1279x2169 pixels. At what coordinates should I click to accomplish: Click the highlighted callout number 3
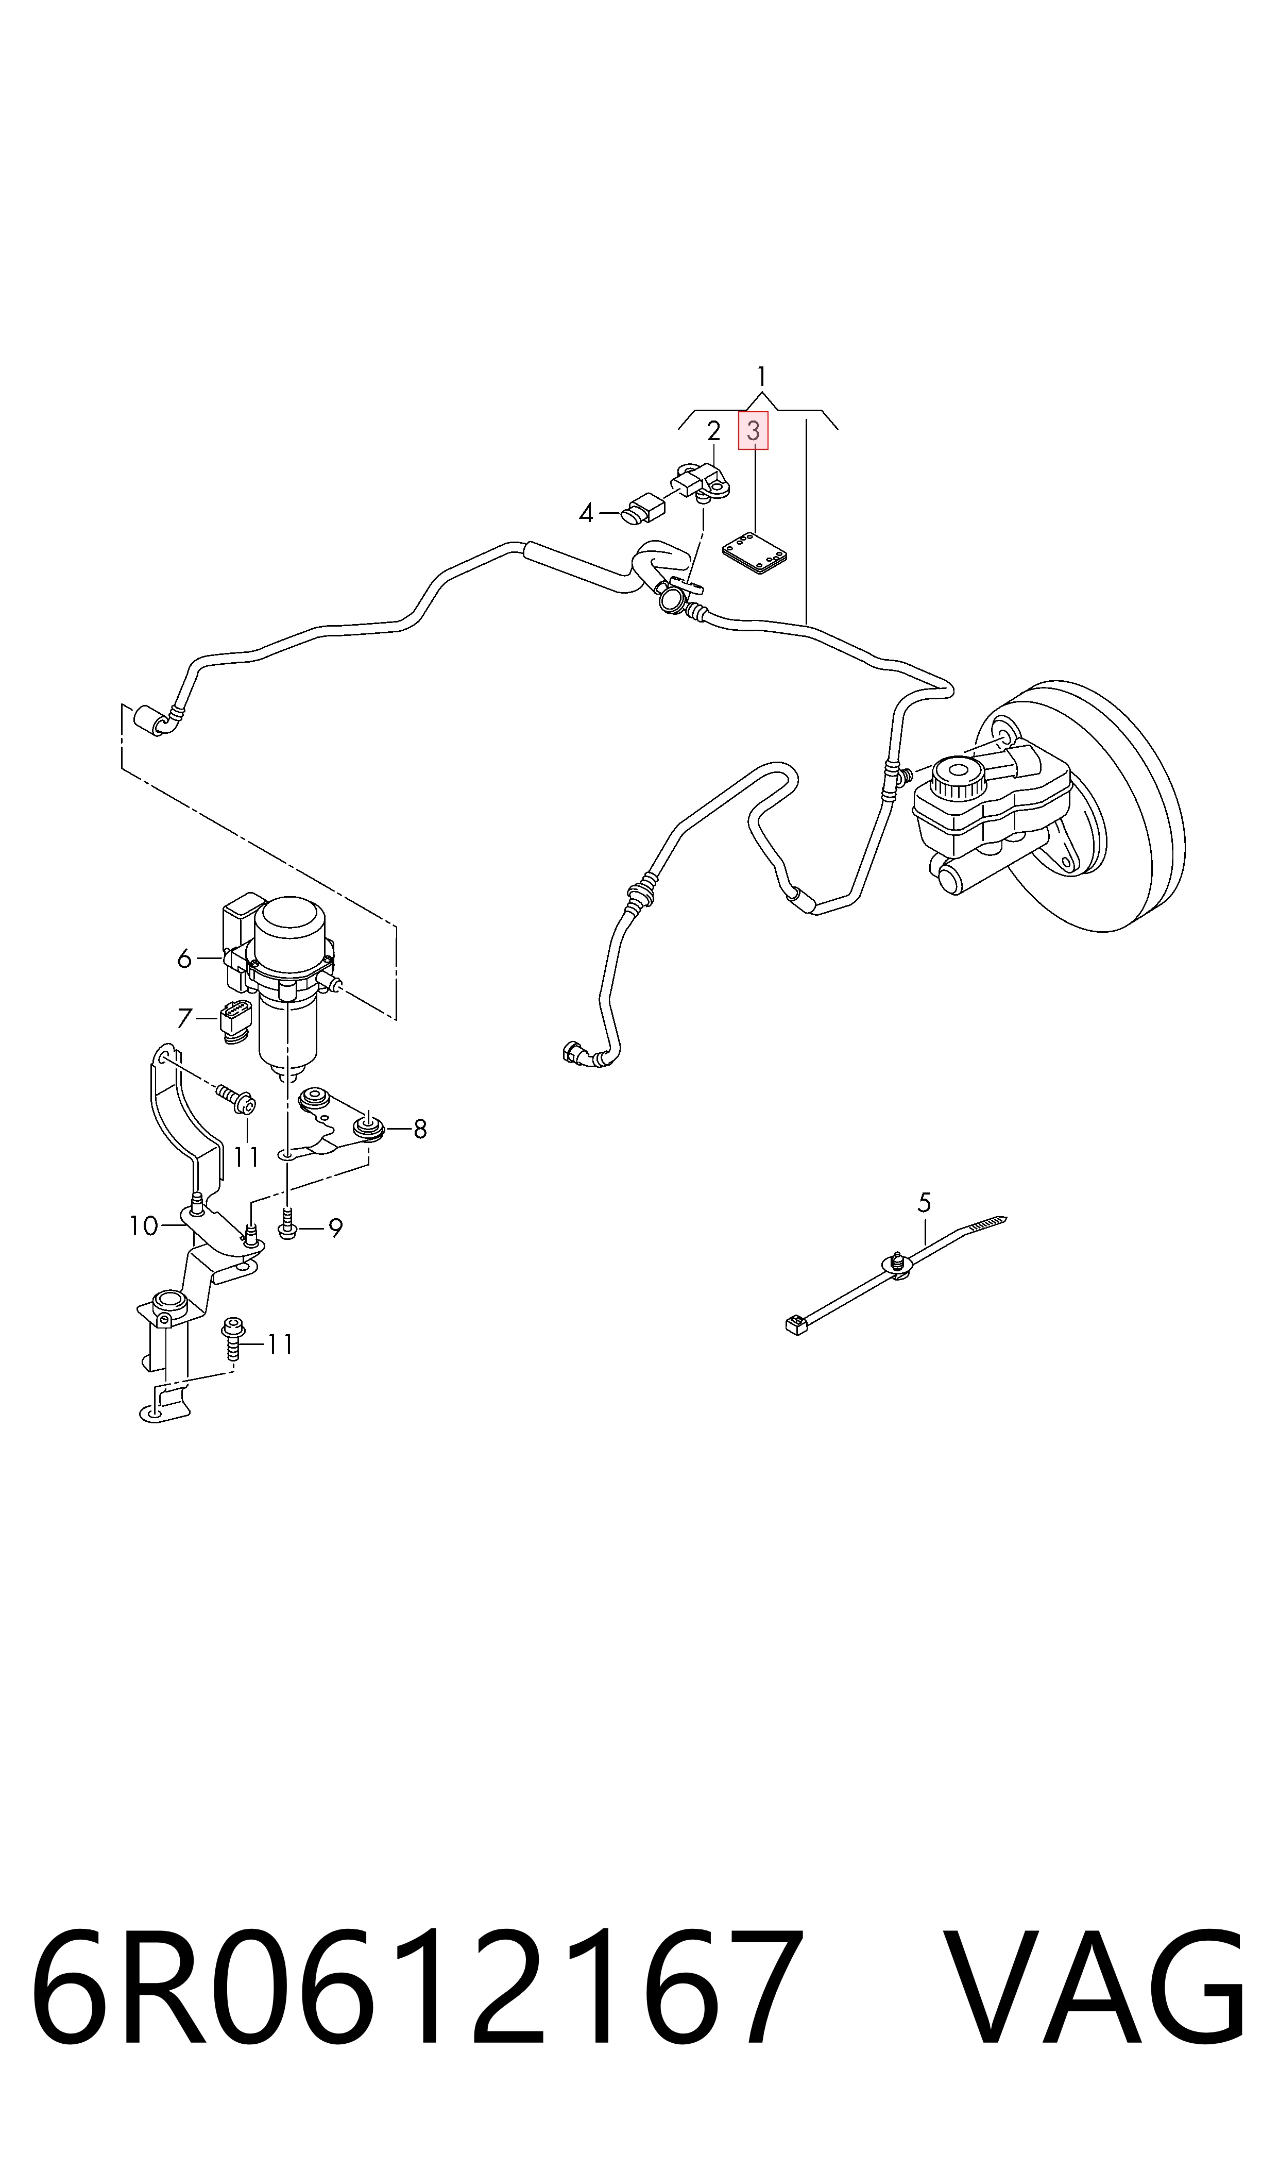click(753, 431)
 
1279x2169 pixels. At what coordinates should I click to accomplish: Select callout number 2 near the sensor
click(713, 430)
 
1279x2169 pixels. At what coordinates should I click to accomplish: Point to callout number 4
click(586, 515)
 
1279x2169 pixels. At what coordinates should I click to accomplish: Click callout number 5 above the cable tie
click(925, 1202)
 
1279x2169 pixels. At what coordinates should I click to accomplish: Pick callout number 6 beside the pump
click(183, 958)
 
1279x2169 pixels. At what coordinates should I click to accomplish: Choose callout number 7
click(183, 1019)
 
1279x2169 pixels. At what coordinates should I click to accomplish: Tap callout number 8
click(420, 1129)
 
